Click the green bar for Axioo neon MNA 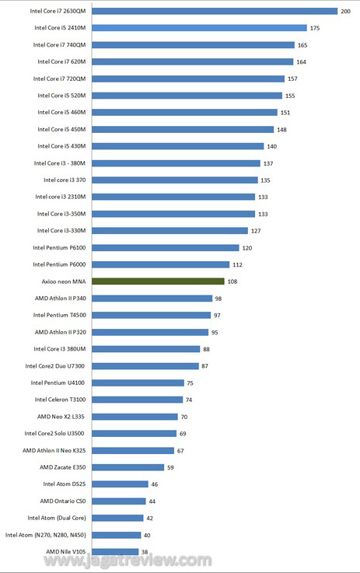tap(158, 281)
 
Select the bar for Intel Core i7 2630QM tap(215, 12)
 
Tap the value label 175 tap(315, 28)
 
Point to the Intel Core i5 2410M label tap(61, 28)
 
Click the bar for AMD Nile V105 tap(115, 552)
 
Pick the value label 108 tap(232, 281)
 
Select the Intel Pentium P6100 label tap(59, 248)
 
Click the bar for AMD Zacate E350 tap(128, 467)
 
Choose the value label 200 tap(345, 12)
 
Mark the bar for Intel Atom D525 tap(120, 484)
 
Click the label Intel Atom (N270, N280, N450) tap(46, 535)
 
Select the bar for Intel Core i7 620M tap(192, 61)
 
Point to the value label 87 tap(204, 365)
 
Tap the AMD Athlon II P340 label tap(61, 299)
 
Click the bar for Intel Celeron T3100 tap(137, 400)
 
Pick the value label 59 tap(170, 467)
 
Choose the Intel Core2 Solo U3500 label tap(54, 433)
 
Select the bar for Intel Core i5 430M tap(177, 146)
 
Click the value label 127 tap(256, 231)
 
